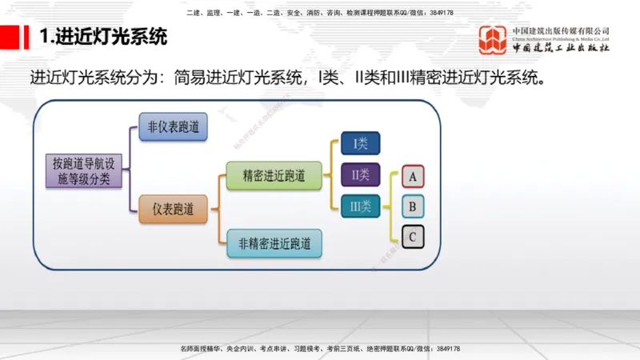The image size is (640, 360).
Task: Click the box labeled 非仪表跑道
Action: tap(174, 127)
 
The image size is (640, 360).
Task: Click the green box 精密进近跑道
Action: tap(274, 175)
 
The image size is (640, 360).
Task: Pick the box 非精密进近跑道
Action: tap(274, 242)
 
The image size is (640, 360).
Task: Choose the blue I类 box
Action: tap(360, 143)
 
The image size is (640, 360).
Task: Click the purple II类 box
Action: tap(360, 174)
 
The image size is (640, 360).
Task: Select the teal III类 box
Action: tap(360, 206)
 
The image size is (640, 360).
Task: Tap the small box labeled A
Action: tap(412, 176)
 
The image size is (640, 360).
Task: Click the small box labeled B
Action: tap(412, 207)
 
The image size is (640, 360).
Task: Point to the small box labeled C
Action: tap(412, 238)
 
